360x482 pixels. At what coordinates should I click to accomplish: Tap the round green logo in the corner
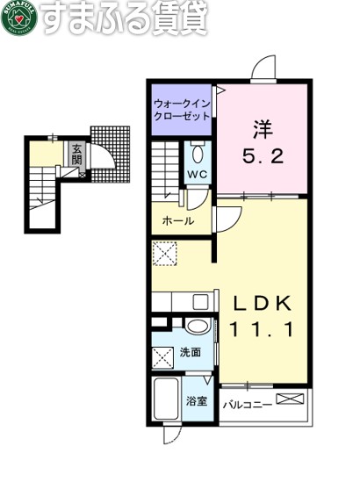coord(19,20)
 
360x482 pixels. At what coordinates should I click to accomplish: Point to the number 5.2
coord(262,160)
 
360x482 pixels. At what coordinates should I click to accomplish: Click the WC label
coord(197,173)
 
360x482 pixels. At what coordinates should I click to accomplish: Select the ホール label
coord(178,220)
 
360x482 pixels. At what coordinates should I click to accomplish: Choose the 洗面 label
coord(191,352)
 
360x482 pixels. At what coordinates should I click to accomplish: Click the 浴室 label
coord(197,402)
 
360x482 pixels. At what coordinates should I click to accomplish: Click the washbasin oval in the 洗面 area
coord(199,328)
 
